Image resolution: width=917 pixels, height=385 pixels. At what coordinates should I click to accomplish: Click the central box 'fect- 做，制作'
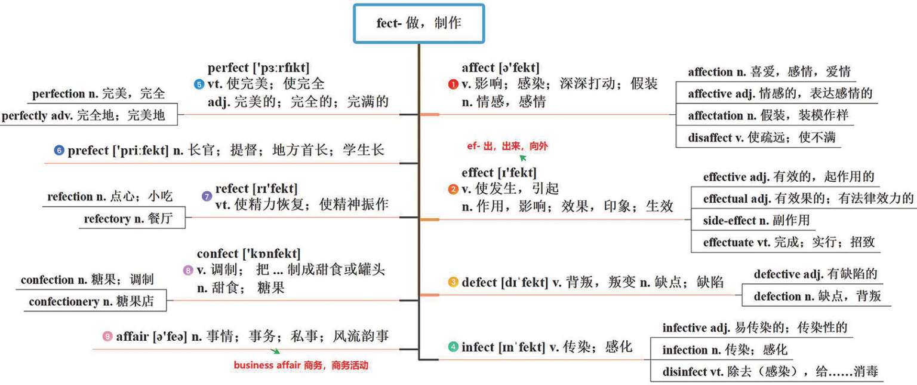[x=419, y=23]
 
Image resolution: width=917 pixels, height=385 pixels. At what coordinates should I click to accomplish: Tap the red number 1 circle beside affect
[x=453, y=84]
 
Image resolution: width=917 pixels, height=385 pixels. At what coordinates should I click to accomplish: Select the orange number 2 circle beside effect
[x=453, y=190]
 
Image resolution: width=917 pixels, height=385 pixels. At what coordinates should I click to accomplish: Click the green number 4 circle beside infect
[x=453, y=347]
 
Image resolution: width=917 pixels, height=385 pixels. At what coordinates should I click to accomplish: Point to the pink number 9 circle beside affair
[x=107, y=337]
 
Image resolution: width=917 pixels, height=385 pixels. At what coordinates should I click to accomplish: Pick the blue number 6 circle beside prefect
[x=59, y=151]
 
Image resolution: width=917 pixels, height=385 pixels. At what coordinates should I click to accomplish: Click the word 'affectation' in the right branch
[x=714, y=115]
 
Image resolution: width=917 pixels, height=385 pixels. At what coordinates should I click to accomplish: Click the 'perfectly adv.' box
[x=90, y=115]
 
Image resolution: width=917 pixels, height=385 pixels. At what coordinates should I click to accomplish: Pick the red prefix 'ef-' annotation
[x=474, y=146]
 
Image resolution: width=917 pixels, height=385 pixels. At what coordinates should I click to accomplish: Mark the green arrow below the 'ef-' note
[x=523, y=158]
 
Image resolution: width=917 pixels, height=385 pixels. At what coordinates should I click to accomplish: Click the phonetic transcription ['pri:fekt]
[x=141, y=151]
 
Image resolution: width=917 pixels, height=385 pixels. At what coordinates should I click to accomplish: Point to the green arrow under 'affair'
[x=275, y=352]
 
